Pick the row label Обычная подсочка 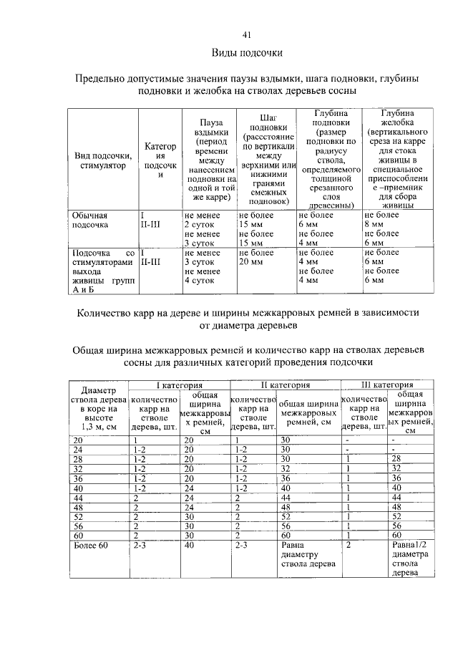pyautogui.click(x=89, y=220)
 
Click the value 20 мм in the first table pyautogui.click(x=251, y=262)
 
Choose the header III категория pyautogui.click(x=387, y=385)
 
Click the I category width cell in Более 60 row pyautogui.click(x=189, y=546)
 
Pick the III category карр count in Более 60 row pyautogui.click(x=349, y=546)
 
